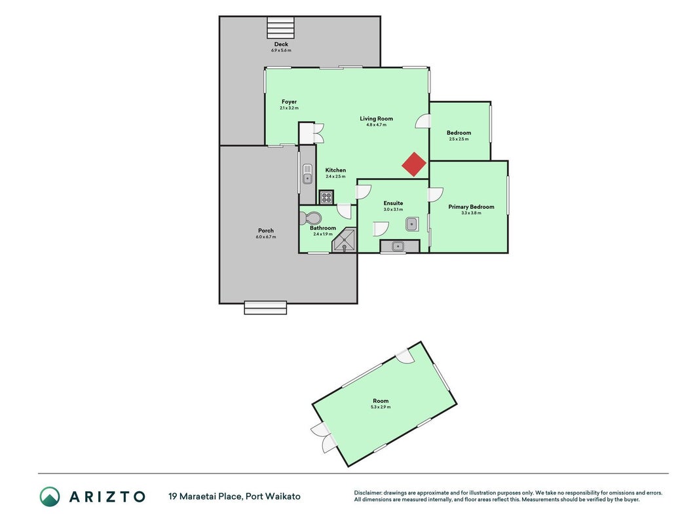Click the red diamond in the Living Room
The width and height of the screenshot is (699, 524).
pos(414,164)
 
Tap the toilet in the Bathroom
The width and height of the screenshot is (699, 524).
pos(311,218)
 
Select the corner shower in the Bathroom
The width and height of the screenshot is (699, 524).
pos(345,240)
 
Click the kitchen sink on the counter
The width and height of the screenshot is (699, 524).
pos(307,174)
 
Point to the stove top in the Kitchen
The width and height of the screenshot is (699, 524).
pos(326,197)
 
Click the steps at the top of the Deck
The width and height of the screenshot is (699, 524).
pos(281,28)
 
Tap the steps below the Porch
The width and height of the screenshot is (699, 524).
pos(265,308)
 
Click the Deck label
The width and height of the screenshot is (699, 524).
pos(281,44)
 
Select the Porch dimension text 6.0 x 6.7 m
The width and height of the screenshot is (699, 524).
pos(266,237)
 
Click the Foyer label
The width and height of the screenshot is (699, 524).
pos(289,102)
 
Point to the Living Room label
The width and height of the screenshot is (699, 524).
pos(376,119)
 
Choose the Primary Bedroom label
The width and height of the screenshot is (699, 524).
pos(471,207)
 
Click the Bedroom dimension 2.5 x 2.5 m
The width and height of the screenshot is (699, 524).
pos(459,139)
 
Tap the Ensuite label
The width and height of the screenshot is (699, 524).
pos(393,203)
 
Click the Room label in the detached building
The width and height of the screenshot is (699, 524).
pos(381,401)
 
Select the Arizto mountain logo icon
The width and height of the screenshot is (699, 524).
pos(50,496)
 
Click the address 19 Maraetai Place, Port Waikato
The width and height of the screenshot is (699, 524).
pos(235,496)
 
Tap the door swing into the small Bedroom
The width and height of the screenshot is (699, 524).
pos(423,121)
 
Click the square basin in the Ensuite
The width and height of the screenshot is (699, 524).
pos(412,224)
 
